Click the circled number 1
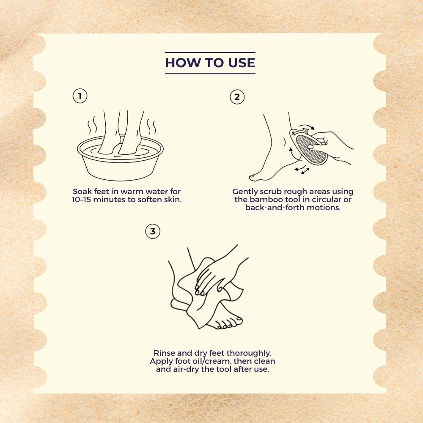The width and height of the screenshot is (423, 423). click(80, 96)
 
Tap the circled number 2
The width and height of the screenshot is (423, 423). click(237, 97)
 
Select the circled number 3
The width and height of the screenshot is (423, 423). click(153, 231)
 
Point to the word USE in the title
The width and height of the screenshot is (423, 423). click(242, 63)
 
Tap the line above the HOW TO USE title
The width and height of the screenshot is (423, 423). click(210, 52)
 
